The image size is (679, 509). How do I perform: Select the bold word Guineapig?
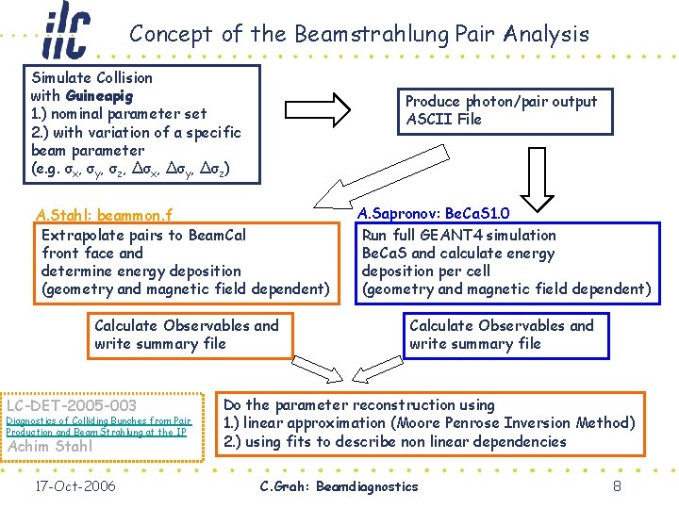point(100,95)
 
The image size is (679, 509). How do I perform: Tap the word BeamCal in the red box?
point(217,235)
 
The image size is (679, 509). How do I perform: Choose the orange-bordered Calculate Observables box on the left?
point(187,335)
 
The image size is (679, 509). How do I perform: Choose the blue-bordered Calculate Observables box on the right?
point(502,335)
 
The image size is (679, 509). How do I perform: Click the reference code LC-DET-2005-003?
point(72,405)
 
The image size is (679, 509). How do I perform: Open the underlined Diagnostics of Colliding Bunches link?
point(99,426)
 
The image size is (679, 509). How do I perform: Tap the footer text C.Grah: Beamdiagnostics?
point(339,486)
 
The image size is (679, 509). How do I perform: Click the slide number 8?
point(616,486)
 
